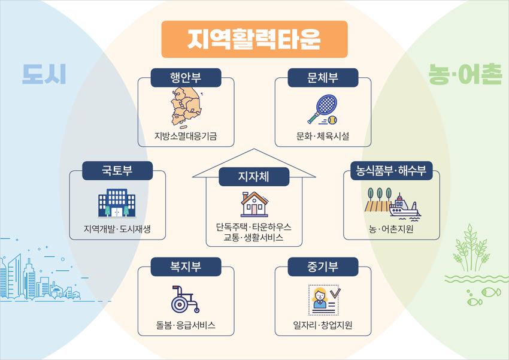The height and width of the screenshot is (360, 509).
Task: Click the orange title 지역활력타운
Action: coord(254,40)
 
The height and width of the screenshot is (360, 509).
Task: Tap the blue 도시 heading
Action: coord(44,74)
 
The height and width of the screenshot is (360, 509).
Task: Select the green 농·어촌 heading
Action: coord(465,74)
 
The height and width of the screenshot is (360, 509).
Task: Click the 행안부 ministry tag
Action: coord(186,78)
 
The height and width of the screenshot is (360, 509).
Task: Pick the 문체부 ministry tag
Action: coord(323,78)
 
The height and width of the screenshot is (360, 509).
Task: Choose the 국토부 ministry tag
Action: coord(117,171)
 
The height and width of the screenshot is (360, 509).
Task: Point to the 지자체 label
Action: coord(254,177)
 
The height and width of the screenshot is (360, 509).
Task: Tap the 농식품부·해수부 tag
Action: coord(392,171)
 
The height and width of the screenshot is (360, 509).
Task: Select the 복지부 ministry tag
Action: coord(186,267)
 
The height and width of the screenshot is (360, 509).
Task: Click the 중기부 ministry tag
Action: coord(323,267)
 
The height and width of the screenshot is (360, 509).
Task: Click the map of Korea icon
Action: coord(186,107)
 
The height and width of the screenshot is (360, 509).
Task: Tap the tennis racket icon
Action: coord(322,109)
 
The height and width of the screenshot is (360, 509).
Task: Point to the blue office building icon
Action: coord(117,203)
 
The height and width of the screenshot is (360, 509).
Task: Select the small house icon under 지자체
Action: coord(255,204)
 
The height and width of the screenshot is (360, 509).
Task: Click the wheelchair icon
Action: coord(185,300)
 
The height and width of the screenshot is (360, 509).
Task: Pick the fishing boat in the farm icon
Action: coord(404,207)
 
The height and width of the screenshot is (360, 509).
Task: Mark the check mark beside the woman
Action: coord(335,294)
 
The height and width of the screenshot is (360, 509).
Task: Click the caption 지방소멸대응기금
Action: coord(186,136)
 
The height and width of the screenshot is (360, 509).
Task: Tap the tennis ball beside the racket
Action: coord(332,120)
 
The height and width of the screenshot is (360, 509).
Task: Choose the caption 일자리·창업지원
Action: coord(323,325)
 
